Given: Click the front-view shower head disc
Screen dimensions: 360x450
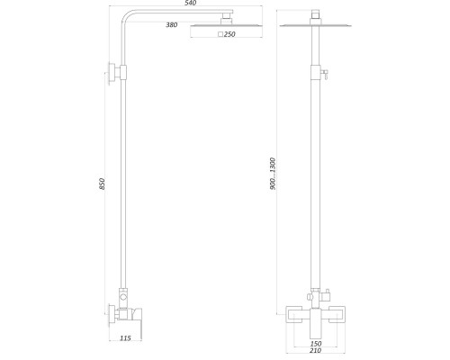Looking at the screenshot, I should tap(317, 24).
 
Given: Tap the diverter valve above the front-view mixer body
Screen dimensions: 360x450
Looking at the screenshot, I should tap(326, 293).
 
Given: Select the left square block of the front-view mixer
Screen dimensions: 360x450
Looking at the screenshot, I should tap(295, 314).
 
